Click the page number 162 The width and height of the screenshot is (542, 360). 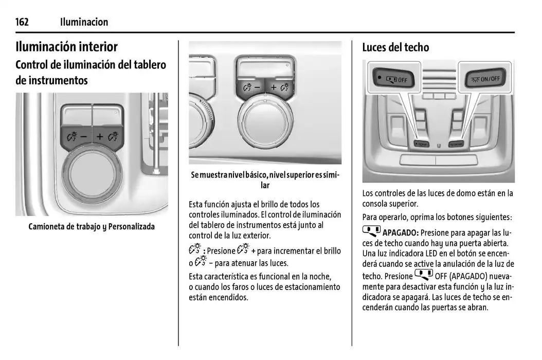coord(22,22)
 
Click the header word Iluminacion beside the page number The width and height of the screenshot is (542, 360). coord(84,22)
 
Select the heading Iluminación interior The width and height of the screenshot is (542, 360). coord(67,47)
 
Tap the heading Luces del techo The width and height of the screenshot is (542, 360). coord(395,47)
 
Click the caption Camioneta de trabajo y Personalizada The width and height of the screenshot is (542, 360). coord(92,226)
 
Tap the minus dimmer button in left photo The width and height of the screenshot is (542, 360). coord(77,137)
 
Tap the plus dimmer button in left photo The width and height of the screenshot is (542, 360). coord(106,137)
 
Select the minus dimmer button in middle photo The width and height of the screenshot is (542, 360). coord(250,87)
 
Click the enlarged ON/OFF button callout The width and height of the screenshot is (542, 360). coord(485,79)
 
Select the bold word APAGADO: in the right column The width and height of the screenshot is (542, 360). coord(401,232)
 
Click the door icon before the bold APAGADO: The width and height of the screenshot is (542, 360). coord(371,231)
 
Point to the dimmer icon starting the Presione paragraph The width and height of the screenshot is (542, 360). coord(195,250)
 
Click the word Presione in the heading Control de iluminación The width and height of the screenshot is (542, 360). coord(221,251)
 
